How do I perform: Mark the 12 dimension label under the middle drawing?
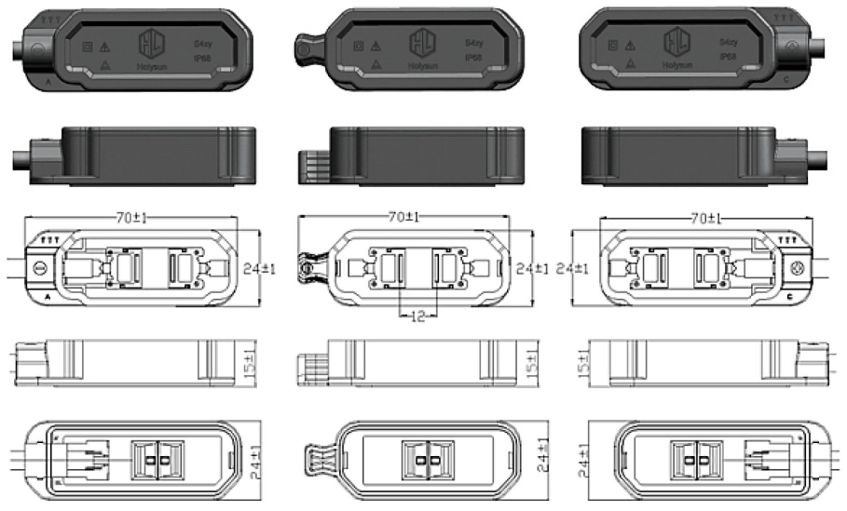click(x=416, y=316)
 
